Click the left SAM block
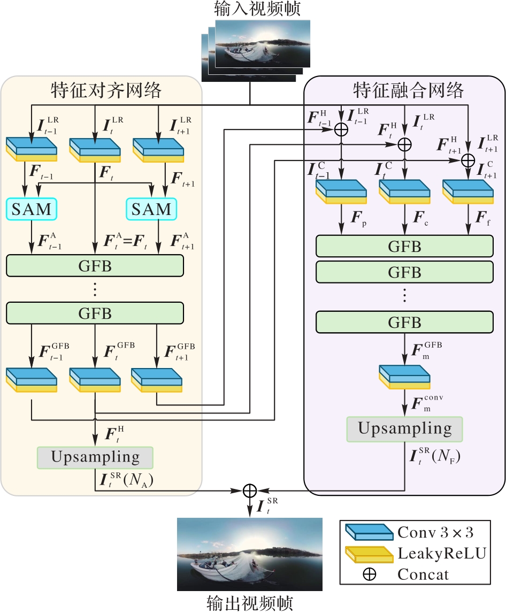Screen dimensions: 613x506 tap(31, 209)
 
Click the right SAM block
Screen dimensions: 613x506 tap(152, 209)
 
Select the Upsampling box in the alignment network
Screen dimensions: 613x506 tap(95, 457)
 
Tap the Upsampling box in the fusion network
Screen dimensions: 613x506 tap(405, 428)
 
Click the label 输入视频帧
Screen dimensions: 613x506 tap(250, 9)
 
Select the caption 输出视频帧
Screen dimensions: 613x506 tap(250, 603)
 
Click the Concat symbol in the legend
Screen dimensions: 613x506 tap(370, 575)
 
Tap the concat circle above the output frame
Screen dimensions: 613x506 tap(250, 490)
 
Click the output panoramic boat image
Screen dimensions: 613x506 tap(250, 554)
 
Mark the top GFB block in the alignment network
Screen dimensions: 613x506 tap(95, 266)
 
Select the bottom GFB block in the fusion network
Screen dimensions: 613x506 tap(404, 323)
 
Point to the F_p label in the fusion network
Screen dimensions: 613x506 tap(359, 219)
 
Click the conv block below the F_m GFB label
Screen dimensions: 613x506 tap(404, 377)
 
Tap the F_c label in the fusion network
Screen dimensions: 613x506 tap(421, 219)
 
